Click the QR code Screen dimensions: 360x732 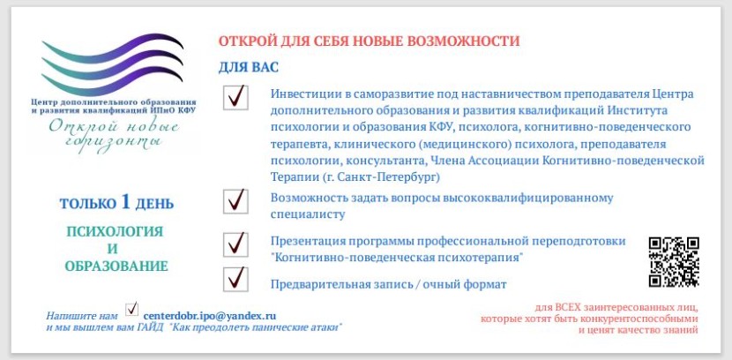pyautogui.click(x=674, y=262)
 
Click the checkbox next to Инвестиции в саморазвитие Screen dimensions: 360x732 pyautogui.click(x=235, y=96)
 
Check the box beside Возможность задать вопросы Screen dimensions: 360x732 pyautogui.click(x=235, y=201)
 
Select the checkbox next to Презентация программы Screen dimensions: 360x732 pyautogui.click(x=235, y=243)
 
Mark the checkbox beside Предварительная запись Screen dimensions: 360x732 pyautogui.click(x=235, y=278)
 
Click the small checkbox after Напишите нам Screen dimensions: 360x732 pyautogui.click(x=132, y=309)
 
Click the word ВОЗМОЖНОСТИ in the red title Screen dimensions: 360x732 pyautogui.click(x=466, y=41)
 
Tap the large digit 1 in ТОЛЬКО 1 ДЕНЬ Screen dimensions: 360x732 pyautogui.click(x=127, y=202)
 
